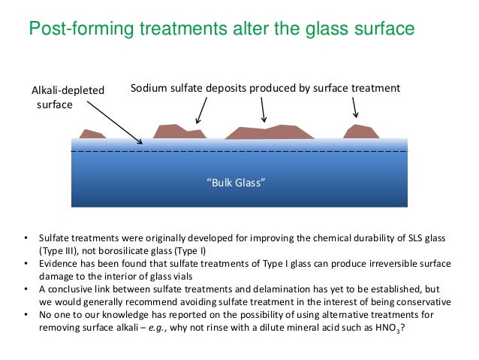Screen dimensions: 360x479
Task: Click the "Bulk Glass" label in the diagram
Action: pyautogui.click(x=236, y=183)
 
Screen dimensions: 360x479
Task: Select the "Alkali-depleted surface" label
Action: pyautogui.click(x=68, y=98)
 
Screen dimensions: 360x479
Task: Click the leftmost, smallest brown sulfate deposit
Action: pyautogui.click(x=92, y=135)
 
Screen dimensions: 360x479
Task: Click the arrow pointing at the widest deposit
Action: pyautogui.click(x=262, y=110)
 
